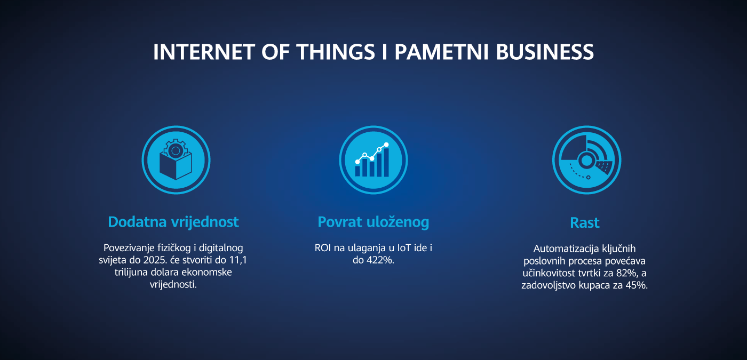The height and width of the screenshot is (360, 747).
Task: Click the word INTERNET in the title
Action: click(x=204, y=52)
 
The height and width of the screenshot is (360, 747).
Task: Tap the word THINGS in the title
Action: click(x=336, y=52)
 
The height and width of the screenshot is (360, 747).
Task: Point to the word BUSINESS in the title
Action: click(x=545, y=52)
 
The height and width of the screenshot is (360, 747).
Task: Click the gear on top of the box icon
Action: click(x=176, y=150)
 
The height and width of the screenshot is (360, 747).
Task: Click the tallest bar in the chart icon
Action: click(x=386, y=162)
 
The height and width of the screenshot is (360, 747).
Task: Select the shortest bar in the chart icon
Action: click(x=357, y=171)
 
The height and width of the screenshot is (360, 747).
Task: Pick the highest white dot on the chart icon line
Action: click(x=386, y=145)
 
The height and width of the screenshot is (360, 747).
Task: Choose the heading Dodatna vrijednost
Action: click(x=173, y=222)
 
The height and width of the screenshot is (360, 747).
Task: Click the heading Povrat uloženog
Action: click(x=373, y=222)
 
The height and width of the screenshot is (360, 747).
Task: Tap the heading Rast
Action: click(x=585, y=223)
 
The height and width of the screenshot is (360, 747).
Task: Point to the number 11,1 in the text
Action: click(x=238, y=260)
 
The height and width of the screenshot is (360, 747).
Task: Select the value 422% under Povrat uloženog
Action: click(x=380, y=260)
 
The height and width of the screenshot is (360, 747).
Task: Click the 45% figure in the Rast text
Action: click(x=637, y=285)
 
